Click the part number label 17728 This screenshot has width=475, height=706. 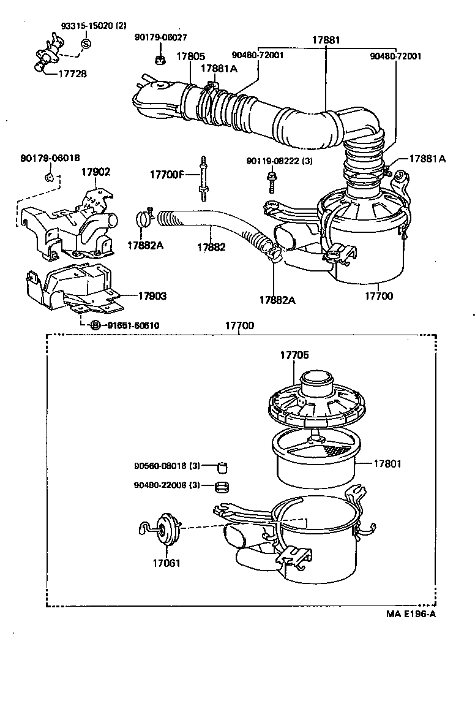click(72, 74)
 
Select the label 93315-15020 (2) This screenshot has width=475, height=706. click(93, 26)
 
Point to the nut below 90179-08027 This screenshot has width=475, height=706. click(158, 59)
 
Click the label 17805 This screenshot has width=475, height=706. click(190, 56)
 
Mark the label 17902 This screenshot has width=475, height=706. click(95, 172)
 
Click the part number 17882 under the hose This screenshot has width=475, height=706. click(211, 248)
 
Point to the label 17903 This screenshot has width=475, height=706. click(152, 296)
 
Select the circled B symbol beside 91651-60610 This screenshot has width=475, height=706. click(95, 325)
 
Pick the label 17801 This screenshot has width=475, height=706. click(387, 464)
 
